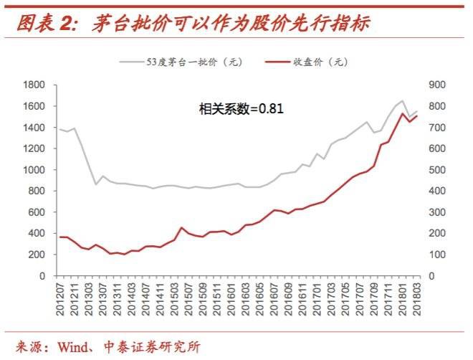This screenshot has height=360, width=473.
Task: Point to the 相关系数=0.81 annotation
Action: [x=241, y=109]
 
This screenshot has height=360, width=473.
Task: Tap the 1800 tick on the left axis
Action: [x=34, y=85]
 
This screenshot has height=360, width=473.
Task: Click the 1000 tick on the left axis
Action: [x=34, y=170]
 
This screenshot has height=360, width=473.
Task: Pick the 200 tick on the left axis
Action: [x=37, y=255]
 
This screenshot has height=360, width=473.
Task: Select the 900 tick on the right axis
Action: [x=437, y=85]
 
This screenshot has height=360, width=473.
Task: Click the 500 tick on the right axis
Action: [x=437, y=170]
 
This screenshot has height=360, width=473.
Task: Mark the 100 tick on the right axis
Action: [x=437, y=255]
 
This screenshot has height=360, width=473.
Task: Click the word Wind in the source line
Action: [x=70, y=346]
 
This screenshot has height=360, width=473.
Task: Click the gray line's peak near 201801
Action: [x=402, y=101]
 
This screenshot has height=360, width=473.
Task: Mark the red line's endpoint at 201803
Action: [x=416, y=116]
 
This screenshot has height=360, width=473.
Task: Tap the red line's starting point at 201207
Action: [x=59, y=237]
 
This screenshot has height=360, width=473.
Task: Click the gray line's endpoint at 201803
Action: [x=416, y=111]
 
